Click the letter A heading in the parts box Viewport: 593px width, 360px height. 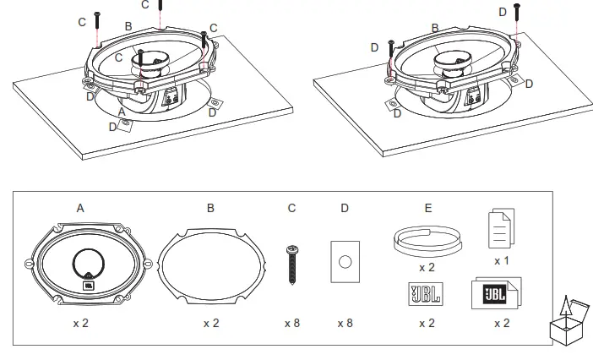pos(80,207)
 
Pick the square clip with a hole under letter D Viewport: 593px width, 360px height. pos(345,263)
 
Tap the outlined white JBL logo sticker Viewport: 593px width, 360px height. pos(427,295)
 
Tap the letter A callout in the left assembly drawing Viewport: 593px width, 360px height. pos(122,111)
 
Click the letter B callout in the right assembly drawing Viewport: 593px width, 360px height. pos(434,28)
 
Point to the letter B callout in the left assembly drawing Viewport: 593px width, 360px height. pos(128,26)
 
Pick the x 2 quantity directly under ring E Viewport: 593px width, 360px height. pos(427,267)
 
